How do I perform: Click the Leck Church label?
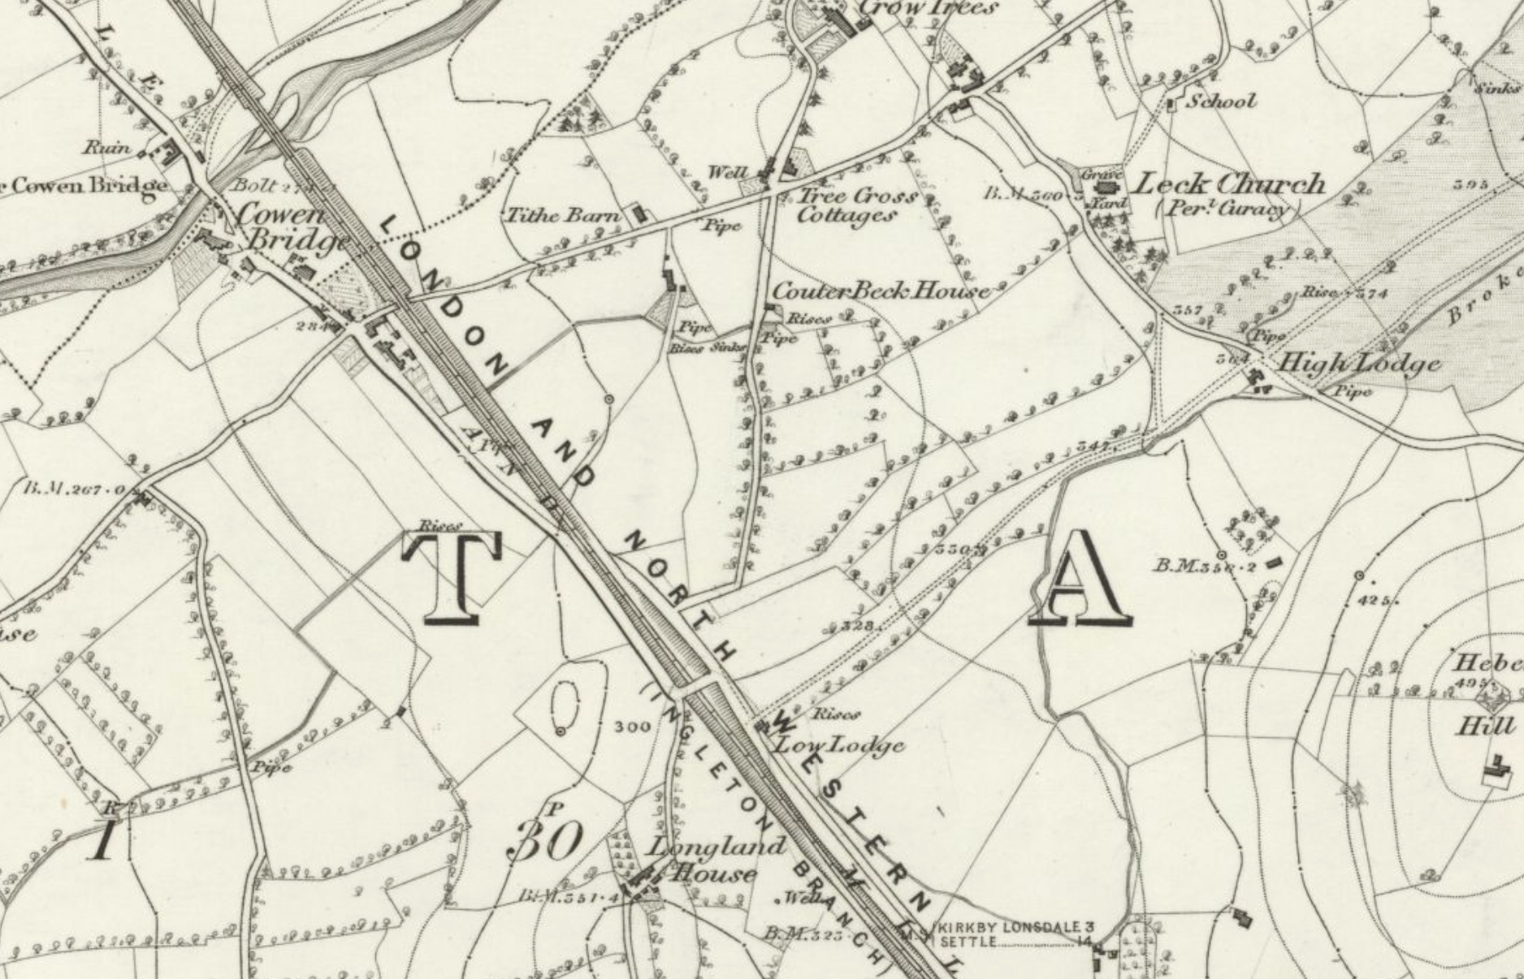click(1228, 184)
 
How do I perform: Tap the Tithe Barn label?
click(562, 216)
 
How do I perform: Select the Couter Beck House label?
click(881, 291)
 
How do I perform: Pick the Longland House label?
click(705, 860)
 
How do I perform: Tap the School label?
click(1221, 101)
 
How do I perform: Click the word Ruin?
click(107, 148)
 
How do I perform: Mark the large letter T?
click(453, 578)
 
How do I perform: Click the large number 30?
click(546, 841)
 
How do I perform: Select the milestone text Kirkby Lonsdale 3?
click(1015, 927)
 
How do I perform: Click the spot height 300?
click(633, 727)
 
